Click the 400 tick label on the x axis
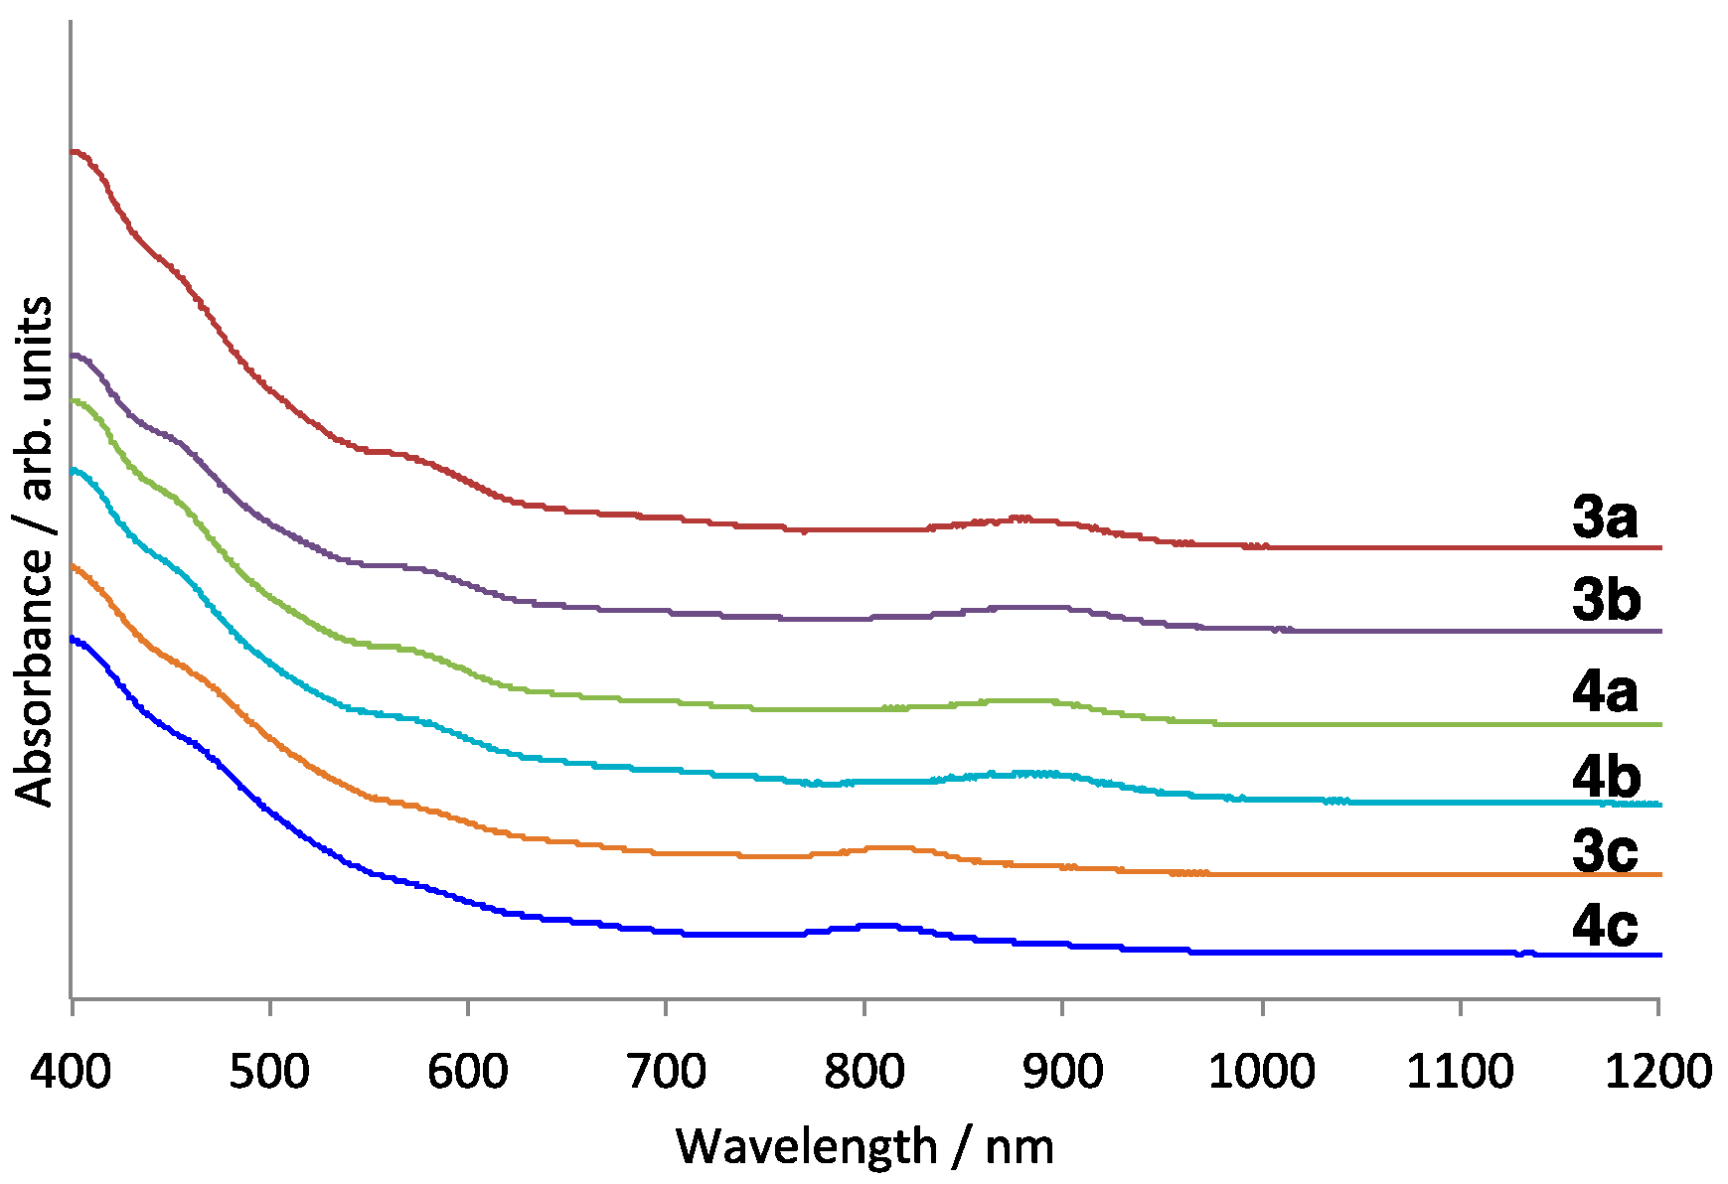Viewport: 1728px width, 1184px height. click(x=71, y=1072)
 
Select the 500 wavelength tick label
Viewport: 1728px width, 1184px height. click(x=269, y=1072)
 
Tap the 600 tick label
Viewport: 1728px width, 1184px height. click(x=467, y=1072)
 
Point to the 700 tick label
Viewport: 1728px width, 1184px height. click(x=666, y=1072)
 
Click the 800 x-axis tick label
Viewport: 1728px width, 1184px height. click(x=864, y=1072)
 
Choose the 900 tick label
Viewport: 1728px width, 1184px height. click(x=1062, y=1072)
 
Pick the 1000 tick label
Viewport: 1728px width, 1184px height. click(x=1261, y=1072)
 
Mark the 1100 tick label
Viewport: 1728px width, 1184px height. click(x=1460, y=1072)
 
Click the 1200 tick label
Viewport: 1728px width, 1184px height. click(x=1657, y=1072)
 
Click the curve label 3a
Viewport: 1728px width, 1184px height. click(x=1604, y=518)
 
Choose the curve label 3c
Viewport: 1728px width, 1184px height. click(x=1604, y=851)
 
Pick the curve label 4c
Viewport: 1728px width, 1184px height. click(x=1604, y=926)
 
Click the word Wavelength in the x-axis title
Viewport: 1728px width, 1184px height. click(x=806, y=1146)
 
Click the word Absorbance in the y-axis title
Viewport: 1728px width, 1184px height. click(x=35, y=674)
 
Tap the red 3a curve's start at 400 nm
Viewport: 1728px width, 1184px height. click(x=73, y=152)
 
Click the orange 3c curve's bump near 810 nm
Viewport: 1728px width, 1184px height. click(x=889, y=847)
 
